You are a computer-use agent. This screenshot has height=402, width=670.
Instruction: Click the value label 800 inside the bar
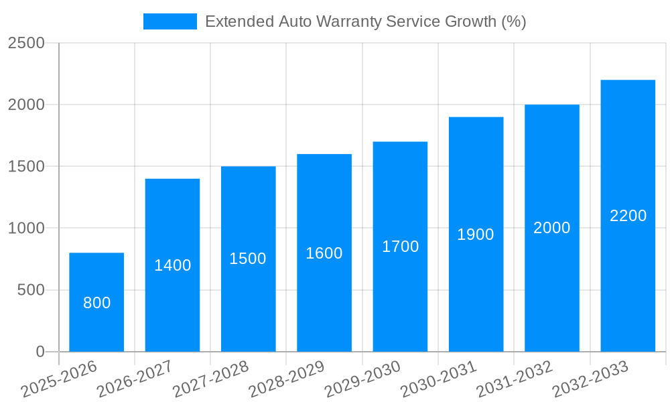point(96,303)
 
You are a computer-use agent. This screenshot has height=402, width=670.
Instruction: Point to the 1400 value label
point(172,265)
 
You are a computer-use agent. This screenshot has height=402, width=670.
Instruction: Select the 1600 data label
point(324,253)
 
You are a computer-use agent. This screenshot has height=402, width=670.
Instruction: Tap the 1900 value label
point(476,234)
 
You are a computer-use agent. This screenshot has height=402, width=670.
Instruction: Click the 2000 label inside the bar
point(551,228)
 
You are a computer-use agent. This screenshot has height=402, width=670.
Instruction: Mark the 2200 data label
point(628,216)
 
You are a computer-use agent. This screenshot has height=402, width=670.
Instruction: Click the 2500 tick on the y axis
point(26,43)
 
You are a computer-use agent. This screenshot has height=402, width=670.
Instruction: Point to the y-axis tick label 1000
point(26,228)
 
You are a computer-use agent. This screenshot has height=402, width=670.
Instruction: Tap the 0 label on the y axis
point(40,352)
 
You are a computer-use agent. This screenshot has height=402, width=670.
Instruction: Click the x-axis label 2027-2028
point(211,379)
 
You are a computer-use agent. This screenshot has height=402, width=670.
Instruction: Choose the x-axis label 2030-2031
point(439,379)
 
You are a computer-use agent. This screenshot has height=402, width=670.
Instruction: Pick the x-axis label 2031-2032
point(515,379)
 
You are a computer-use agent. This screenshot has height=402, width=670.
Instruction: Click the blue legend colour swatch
point(170,21)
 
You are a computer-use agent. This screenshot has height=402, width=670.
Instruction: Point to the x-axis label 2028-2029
point(287,379)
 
